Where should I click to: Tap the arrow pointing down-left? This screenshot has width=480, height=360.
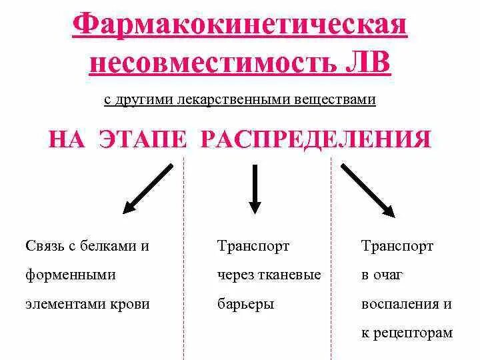click(147, 189)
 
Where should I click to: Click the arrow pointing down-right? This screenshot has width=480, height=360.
click(368, 189)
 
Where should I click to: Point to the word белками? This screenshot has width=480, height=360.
click(107, 246)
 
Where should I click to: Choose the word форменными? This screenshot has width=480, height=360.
click(71, 275)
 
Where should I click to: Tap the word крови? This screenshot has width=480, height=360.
click(132, 304)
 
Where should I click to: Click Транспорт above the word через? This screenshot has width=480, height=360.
click(253, 246)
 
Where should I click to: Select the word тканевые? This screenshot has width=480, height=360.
click(289, 275)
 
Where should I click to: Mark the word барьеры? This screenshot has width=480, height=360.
click(247, 304)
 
